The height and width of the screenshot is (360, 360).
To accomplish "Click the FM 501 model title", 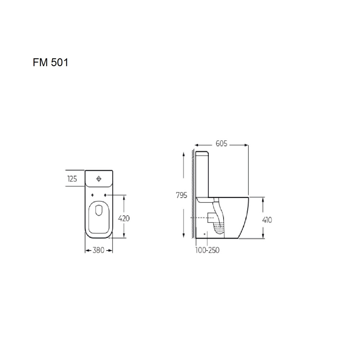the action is (50, 62).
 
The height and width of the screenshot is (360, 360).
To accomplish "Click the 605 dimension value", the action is (221, 144).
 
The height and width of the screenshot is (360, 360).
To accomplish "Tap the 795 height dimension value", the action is (181, 195).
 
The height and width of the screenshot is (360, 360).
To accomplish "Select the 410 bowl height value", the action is (267, 220).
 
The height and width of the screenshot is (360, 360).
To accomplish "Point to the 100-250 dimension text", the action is (207, 250).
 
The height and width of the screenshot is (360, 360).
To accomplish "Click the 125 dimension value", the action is (72, 179).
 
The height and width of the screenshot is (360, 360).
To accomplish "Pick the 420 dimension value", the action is (124, 219).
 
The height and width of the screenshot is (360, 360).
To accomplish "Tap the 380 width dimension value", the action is (99, 250).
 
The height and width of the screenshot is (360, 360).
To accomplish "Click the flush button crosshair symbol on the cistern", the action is (99, 179).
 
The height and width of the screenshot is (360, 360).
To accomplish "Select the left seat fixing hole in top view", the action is (92, 195).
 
